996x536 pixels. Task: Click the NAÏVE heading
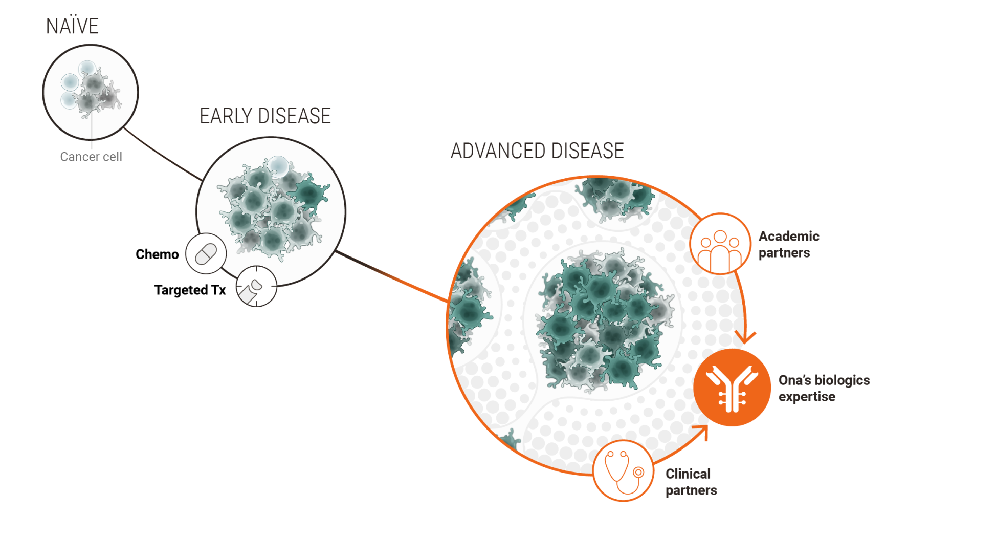point(72,26)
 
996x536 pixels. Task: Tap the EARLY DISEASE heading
point(265,116)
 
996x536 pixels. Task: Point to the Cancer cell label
point(91,157)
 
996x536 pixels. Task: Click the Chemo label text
point(157,254)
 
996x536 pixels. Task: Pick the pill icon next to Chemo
point(206,253)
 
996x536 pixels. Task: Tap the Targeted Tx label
point(190,290)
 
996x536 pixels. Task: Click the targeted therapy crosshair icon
point(256,286)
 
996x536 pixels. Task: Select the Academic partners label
point(789,244)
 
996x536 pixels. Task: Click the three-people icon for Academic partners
point(720,244)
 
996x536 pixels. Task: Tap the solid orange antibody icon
point(732,388)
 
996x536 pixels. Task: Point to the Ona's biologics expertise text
point(824,388)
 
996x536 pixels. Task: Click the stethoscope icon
point(623,470)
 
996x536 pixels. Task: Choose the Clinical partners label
point(691,482)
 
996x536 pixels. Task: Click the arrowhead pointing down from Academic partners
point(745,337)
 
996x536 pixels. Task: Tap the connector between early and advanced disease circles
point(391,276)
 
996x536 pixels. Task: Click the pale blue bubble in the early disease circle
point(279,166)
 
